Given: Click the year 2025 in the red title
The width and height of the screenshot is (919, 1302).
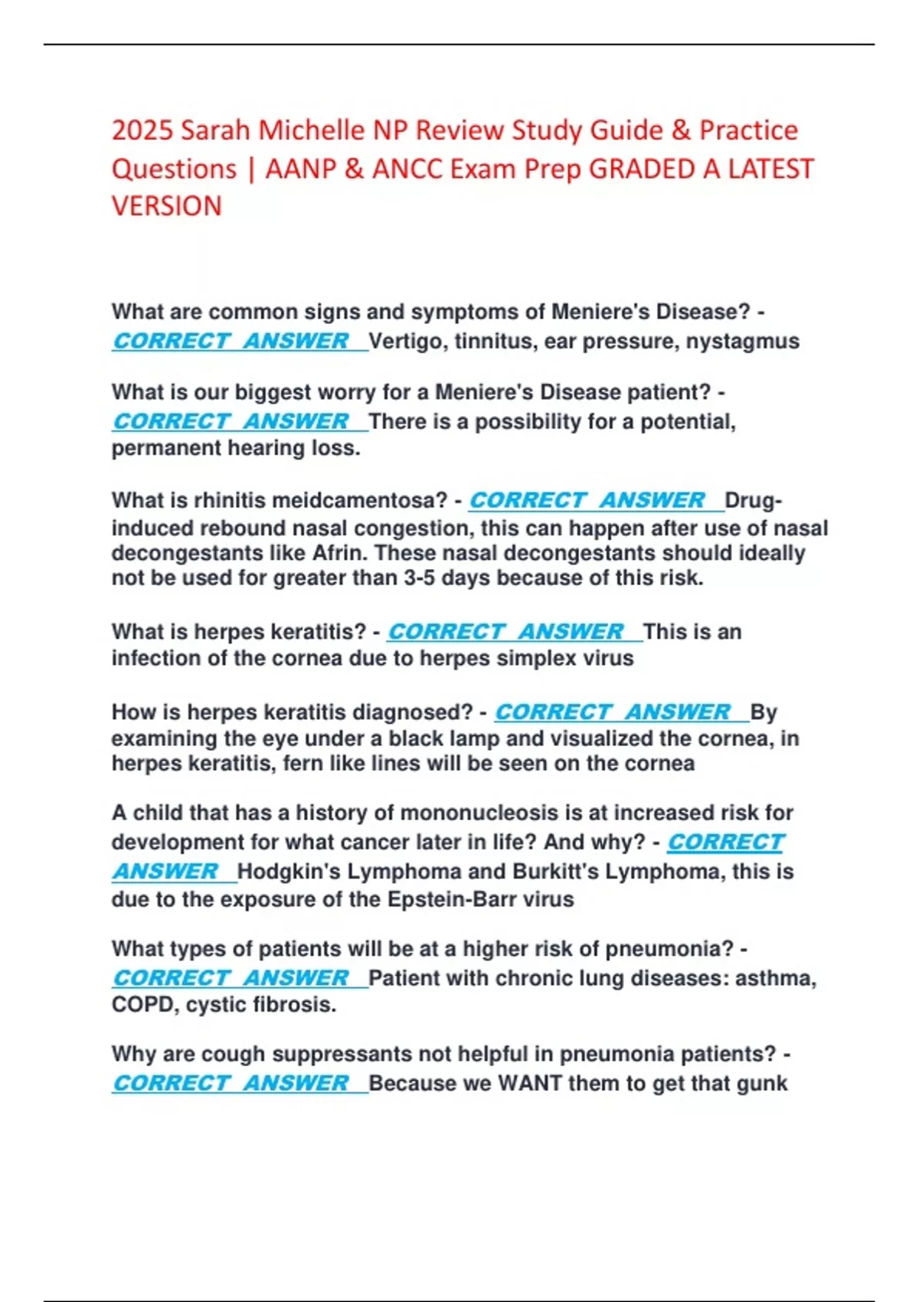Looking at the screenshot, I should pos(142,131).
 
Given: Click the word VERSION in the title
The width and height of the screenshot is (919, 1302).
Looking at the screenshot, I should pos(167,206).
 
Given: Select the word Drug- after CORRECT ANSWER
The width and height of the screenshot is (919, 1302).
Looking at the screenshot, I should pos(754,500).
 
